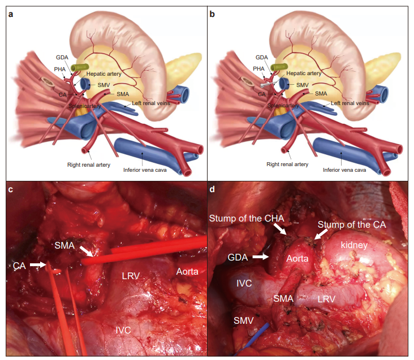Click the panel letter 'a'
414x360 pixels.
click(x=11, y=14)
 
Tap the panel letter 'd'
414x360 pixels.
click(x=212, y=189)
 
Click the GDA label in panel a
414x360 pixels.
click(x=62, y=57)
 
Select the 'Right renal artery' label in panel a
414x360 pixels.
click(x=89, y=165)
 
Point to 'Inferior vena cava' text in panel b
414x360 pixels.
click(x=344, y=170)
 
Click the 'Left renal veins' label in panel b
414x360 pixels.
click(x=350, y=103)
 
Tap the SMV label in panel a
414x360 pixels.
click(x=103, y=85)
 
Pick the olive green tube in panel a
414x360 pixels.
click(x=80, y=67)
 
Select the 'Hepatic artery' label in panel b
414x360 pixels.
click(x=304, y=73)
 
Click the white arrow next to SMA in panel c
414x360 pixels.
click(x=87, y=251)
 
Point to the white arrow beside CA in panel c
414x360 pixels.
click(x=38, y=264)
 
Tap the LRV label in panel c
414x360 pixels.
click(x=131, y=276)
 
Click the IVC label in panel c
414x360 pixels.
click(x=123, y=330)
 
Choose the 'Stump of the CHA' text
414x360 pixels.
click(x=247, y=218)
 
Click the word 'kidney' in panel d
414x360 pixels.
click(x=354, y=245)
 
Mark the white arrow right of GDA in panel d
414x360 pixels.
click(x=261, y=257)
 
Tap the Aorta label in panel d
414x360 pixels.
click(x=297, y=258)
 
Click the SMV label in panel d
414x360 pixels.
click(x=243, y=320)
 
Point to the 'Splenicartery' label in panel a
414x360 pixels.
click(x=84, y=106)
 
